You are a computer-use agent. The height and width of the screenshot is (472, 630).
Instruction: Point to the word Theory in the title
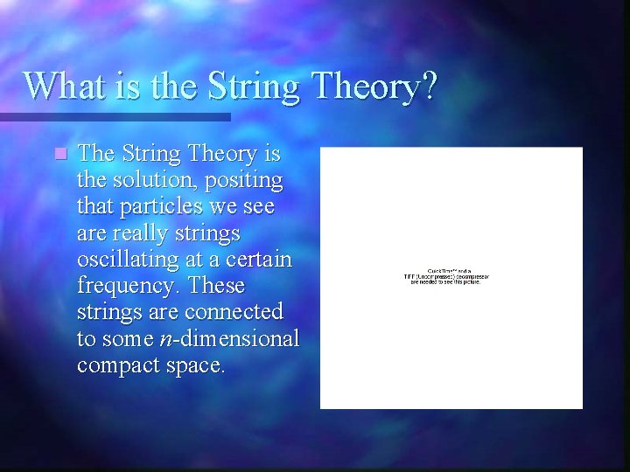(x=361, y=87)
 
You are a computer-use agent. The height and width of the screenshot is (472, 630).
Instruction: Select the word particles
(x=167, y=208)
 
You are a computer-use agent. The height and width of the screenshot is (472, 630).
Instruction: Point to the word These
(x=217, y=286)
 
